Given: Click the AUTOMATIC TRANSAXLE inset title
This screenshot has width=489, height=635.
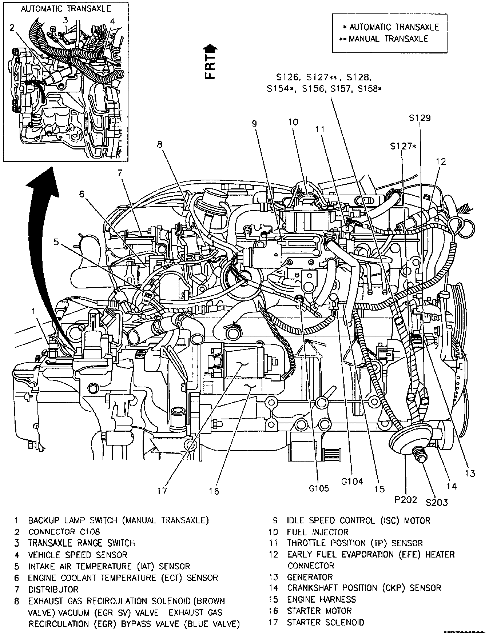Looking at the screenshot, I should click(66, 8).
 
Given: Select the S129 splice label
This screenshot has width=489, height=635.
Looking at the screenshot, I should click(420, 118).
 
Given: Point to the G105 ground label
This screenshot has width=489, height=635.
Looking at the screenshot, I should click(319, 488).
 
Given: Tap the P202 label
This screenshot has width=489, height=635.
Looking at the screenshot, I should click(406, 500).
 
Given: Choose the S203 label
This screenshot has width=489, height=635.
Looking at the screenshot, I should click(437, 503).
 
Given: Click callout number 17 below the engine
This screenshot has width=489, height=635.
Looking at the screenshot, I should click(162, 491).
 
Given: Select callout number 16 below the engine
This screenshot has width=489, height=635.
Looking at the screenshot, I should click(214, 492).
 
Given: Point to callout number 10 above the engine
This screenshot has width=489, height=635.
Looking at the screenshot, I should click(293, 122).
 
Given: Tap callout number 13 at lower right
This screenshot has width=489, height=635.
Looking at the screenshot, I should click(470, 473).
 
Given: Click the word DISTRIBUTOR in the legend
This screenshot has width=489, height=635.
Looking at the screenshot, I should click(53, 589).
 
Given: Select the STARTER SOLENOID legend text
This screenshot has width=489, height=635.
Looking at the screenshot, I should click(325, 622).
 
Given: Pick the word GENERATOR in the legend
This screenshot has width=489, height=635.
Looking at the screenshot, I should click(310, 577).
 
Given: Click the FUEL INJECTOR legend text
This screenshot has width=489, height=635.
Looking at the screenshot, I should click(318, 532).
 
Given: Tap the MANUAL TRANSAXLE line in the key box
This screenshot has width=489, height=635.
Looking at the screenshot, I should click(388, 39).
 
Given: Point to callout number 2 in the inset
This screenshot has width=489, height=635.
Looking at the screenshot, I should click(12, 28).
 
